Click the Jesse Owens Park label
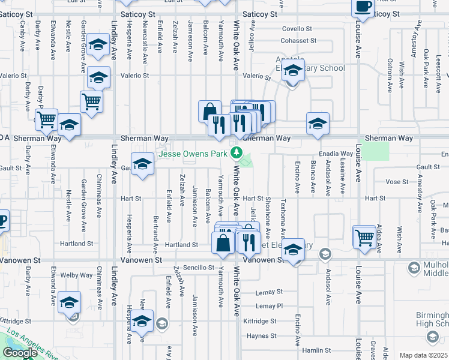193,154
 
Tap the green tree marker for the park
237,153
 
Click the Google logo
20,353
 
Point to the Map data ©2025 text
423,355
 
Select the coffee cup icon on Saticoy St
363,7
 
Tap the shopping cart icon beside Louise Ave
364,238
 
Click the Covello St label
298,28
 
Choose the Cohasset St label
298,41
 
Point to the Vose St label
397,181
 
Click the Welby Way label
77,275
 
